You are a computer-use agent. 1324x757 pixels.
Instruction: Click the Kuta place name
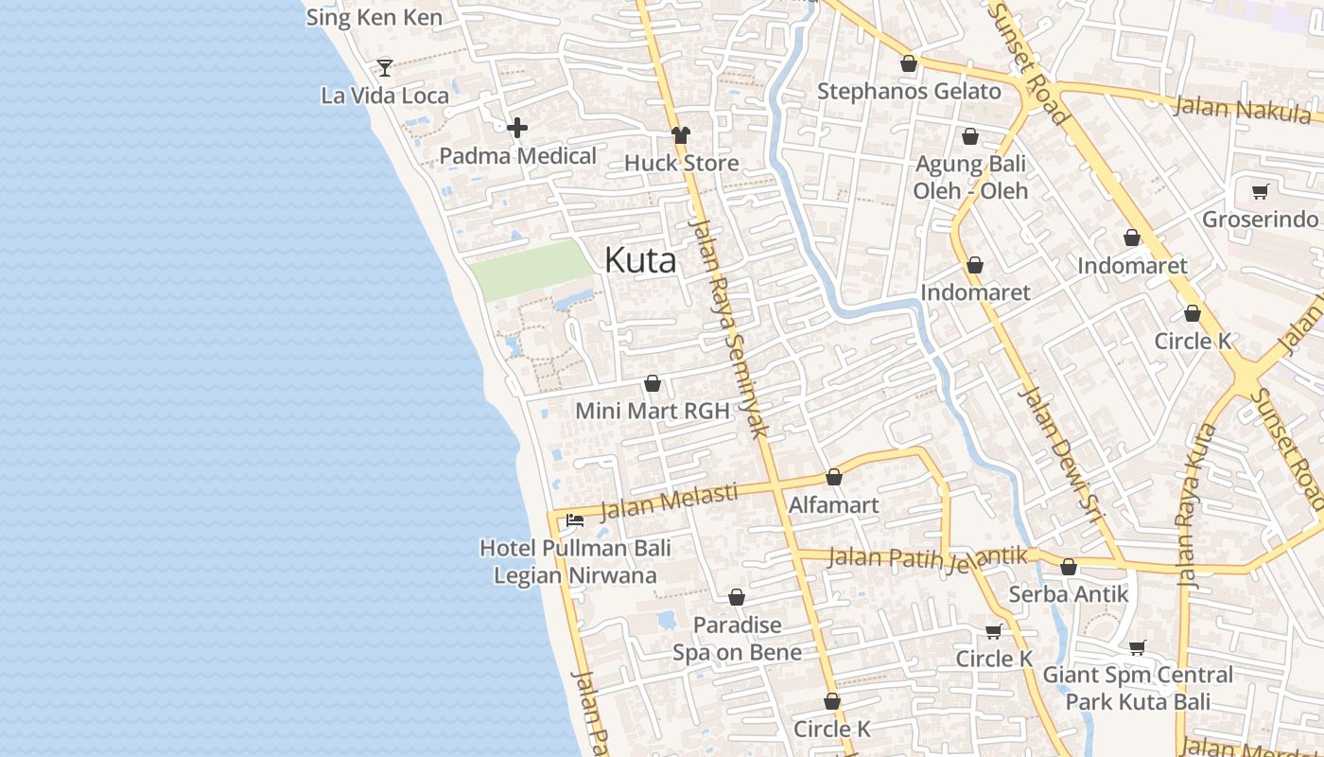point(640,260)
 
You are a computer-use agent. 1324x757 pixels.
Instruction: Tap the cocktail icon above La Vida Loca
point(385,67)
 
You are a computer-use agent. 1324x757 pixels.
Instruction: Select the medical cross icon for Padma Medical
point(517,128)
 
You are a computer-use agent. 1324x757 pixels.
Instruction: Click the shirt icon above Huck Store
point(681,135)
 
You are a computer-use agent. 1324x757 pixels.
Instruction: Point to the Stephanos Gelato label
point(909,92)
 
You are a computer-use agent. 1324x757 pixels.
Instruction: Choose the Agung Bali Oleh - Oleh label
point(970,177)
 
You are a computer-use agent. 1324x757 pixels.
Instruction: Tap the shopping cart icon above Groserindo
point(1260,192)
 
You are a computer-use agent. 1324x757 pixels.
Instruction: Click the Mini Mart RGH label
point(653,411)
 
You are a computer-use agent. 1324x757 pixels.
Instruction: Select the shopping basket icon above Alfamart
point(834,477)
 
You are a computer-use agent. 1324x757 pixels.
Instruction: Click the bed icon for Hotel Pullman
point(574,519)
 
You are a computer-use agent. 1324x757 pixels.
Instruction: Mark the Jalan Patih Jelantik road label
point(927,557)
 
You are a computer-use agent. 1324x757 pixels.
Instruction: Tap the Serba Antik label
point(1069,594)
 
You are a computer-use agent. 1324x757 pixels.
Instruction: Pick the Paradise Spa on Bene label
point(738,639)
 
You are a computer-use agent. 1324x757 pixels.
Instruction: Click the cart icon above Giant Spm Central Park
point(1138,647)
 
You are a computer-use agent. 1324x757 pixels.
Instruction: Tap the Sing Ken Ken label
point(374,17)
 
